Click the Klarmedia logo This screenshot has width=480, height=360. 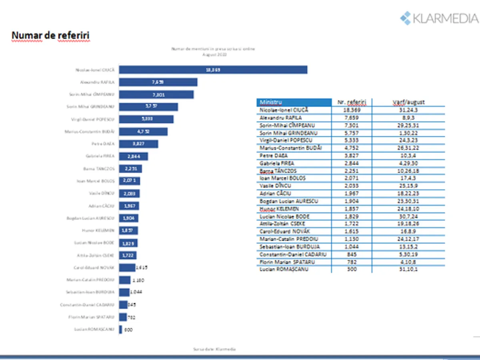point(439,18)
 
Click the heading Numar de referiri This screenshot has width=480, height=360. point(50,36)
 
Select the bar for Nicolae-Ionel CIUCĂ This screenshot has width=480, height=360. point(213,70)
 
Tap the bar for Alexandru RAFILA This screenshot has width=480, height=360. point(158,82)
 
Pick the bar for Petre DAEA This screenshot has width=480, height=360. point(138,144)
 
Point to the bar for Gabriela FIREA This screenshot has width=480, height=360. point(133,156)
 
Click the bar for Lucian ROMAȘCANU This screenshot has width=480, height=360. point(120,330)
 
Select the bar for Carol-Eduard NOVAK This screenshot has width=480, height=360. point(127,268)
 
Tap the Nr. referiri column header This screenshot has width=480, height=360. point(352,102)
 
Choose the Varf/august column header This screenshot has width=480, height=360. point(408,102)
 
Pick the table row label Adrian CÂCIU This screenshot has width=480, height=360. point(276,194)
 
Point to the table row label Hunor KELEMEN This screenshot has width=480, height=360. point(279,209)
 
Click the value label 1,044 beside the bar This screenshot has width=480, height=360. point(136,292)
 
